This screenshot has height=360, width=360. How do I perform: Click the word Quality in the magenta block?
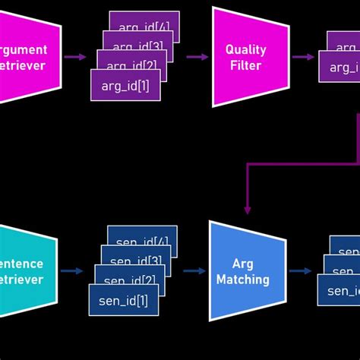[x=245, y=49]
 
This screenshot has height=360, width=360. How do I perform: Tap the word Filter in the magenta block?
[x=245, y=65]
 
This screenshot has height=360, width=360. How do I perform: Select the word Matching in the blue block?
[x=242, y=279]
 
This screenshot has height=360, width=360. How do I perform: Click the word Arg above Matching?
[x=242, y=264]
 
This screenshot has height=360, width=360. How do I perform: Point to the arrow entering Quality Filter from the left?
[x=197, y=57]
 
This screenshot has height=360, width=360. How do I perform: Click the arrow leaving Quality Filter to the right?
[x=303, y=57]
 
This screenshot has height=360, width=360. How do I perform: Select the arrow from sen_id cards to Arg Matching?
[x=194, y=270]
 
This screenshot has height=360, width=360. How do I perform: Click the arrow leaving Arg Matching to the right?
[x=300, y=270]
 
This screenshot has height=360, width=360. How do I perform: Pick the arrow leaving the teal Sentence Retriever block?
[x=72, y=270]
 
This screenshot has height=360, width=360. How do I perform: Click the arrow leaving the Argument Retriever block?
[x=75, y=57]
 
